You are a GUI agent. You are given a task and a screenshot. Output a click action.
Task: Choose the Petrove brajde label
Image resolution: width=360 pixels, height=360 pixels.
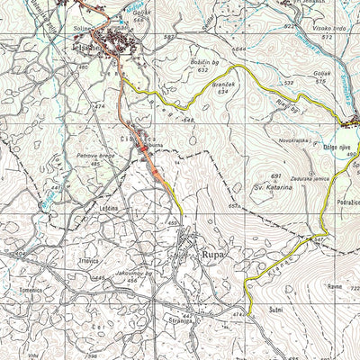(x=94, y=155)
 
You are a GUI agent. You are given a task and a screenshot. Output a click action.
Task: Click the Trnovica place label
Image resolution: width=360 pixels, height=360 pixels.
(x=88, y=261)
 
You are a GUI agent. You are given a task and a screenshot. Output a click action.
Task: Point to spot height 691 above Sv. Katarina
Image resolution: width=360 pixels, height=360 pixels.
(x=276, y=175)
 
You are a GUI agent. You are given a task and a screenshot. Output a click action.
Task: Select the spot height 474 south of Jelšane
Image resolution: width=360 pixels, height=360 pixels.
(x=99, y=106)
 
